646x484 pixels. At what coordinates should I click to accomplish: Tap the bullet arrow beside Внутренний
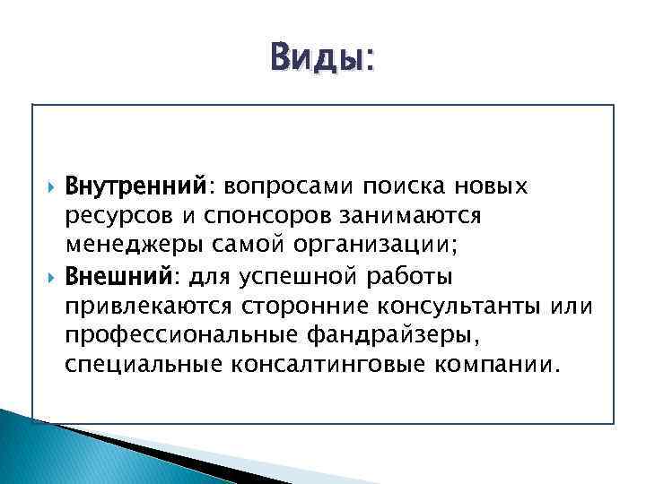(48, 188)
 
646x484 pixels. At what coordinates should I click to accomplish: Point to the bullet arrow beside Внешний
(48, 275)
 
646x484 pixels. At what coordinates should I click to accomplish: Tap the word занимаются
(408, 216)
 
